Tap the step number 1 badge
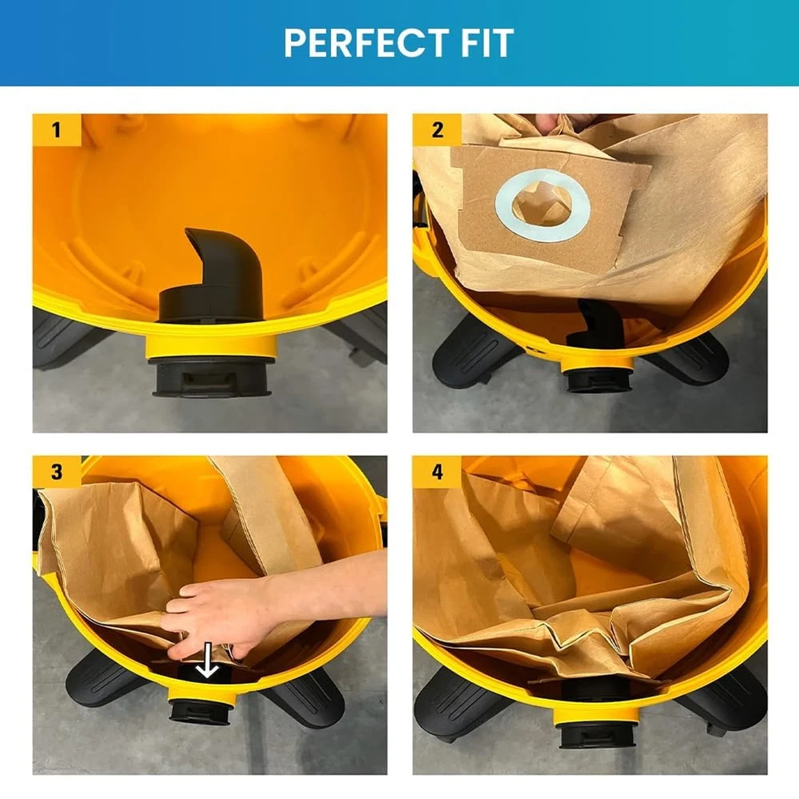click(x=57, y=129)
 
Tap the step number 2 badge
click(x=437, y=129)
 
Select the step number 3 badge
click(x=57, y=472)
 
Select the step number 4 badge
click(x=437, y=472)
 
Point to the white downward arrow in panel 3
click(x=208, y=660)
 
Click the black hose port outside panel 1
click(x=210, y=378)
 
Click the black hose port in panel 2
click(x=598, y=380)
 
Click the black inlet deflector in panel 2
click(x=597, y=323)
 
